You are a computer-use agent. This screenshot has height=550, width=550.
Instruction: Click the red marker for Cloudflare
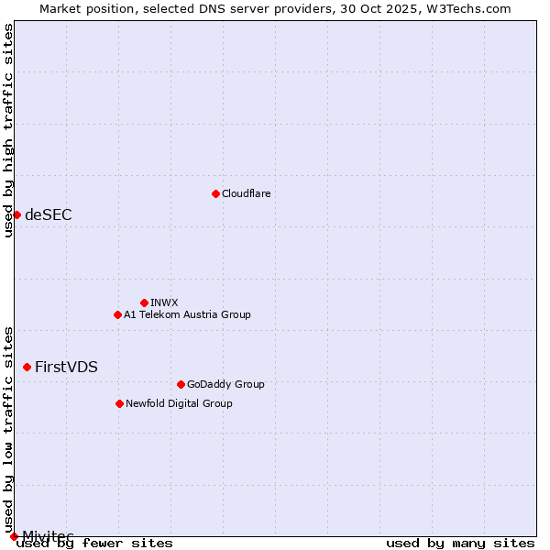(215, 193)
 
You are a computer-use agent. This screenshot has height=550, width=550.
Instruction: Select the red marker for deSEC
(16, 214)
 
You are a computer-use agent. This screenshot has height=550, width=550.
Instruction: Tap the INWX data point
(144, 302)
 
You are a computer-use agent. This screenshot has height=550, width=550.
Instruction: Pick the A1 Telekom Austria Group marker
(117, 314)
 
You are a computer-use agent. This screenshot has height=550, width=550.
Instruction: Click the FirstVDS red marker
(27, 367)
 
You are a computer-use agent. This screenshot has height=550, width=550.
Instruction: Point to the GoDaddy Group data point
(181, 384)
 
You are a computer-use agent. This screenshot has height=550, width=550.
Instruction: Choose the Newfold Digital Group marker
(119, 403)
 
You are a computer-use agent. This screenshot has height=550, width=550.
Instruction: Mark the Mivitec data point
(14, 535)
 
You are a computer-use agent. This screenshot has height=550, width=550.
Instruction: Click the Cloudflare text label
(246, 193)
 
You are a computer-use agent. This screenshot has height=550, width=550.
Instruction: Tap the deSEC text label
(48, 215)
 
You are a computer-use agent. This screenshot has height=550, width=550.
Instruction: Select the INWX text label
(164, 302)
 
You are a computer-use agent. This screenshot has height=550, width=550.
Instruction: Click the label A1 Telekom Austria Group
(187, 314)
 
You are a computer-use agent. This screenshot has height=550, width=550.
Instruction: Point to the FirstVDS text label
(66, 368)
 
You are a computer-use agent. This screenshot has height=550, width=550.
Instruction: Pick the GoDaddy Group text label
(225, 384)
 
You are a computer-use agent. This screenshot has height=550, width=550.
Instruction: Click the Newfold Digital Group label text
(179, 403)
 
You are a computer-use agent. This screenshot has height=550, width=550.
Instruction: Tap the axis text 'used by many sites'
(460, 544)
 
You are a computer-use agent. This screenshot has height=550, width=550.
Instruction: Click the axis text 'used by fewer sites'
(94, 544)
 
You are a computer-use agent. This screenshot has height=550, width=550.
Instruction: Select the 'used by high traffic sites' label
(8, 130)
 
